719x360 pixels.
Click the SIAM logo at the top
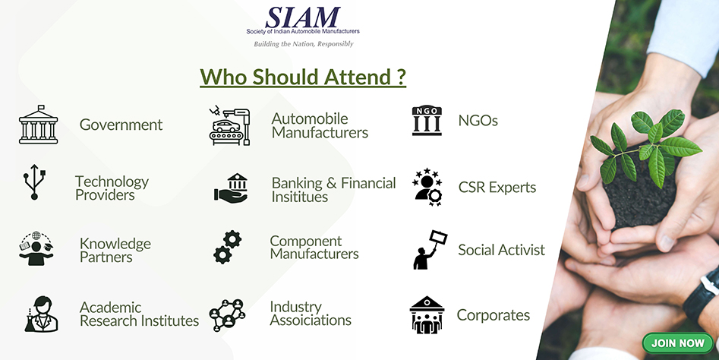pos(303,21)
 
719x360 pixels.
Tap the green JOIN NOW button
pos(678,343)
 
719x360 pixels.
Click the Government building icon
pos(39,125)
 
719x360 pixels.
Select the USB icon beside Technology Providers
pos(34,182)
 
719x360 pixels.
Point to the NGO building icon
pos(427,121)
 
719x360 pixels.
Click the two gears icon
pos(228,247)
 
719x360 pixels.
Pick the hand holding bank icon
pos(232,188)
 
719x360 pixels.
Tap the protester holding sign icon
pos(430,249)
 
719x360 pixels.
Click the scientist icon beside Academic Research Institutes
pos(41,314)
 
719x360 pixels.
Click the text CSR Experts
pos(497,187)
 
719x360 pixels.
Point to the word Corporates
pos(494,315)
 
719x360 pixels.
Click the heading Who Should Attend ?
pos(303,77)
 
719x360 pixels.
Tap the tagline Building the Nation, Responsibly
pos(304,44)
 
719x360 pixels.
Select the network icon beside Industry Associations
pos(228,315)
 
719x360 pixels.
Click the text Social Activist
pos(502,250)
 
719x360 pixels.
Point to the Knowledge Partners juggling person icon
pos(36,248)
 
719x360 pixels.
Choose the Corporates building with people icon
pos(427,314)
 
